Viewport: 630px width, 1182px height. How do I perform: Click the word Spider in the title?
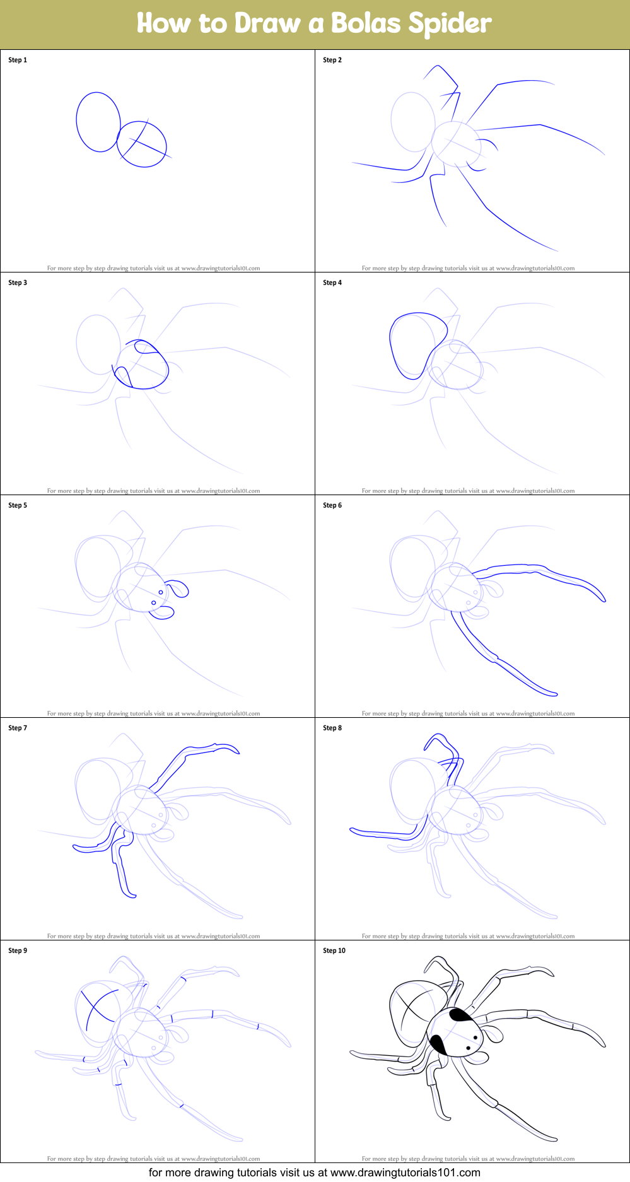tap(450, 23)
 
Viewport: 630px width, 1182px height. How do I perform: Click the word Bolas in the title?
tap(366, 23)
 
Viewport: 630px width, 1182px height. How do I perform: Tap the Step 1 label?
tap(18, 60)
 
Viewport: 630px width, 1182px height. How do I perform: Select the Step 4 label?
tap(332, 283)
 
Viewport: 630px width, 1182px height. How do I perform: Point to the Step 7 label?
tap(18, 728)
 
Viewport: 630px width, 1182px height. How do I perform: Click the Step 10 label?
tap(334, 951)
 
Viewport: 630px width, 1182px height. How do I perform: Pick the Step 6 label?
tap(332, 505)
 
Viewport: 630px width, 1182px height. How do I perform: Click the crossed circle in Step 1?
tap(143, 144)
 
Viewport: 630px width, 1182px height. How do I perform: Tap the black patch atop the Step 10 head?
tap(460, 1015)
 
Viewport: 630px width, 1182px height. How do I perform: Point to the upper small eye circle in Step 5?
tap(161, 592)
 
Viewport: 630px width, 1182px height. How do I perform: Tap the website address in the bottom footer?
tap(405, 1173)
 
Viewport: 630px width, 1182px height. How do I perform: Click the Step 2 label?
tap(332, 60)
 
